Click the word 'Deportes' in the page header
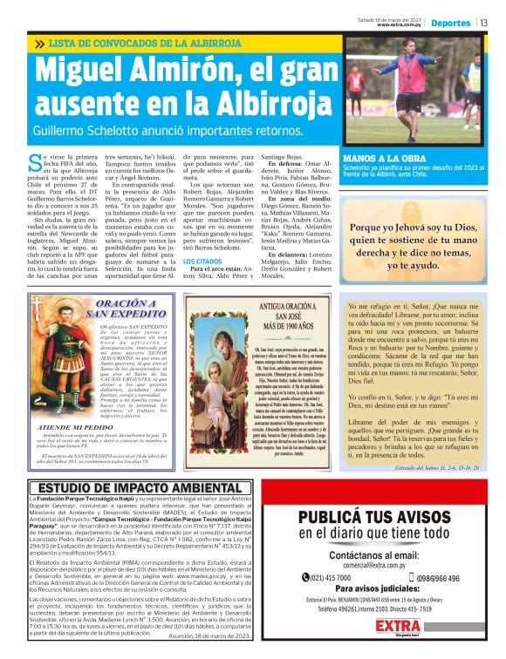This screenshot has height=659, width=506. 451,23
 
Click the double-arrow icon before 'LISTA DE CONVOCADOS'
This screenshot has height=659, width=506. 40,43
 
